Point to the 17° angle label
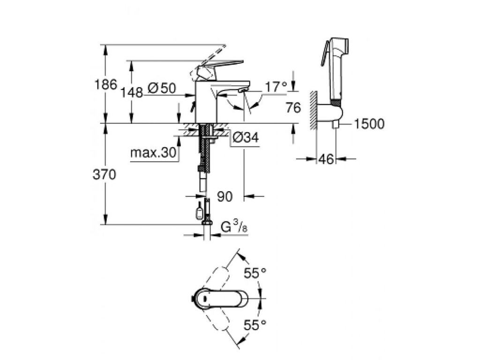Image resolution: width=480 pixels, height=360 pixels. coord(275,87)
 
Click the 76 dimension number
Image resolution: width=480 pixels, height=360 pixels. coord(293,108)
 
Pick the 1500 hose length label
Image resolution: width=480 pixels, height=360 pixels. coord(370,124)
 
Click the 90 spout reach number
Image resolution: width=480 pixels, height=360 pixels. coord(225,197)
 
